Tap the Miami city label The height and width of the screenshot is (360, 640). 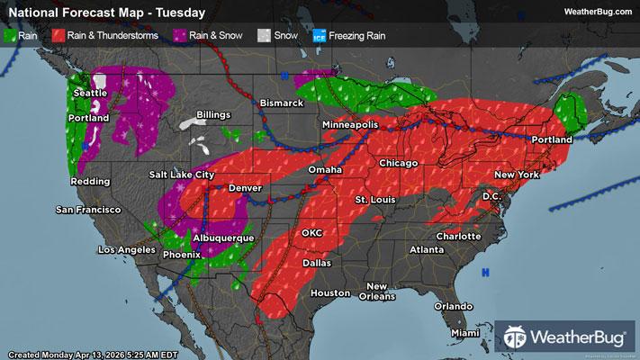tap(465, 333)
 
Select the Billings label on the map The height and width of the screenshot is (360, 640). tap(213, 116)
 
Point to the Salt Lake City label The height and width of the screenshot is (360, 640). tap(182, 174)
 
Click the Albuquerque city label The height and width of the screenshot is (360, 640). tap(222, 238)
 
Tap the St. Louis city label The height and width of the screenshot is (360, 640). tap(374, 198)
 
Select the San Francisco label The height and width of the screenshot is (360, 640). tap(88, 210)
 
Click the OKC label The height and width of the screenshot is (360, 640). tap(311, 232)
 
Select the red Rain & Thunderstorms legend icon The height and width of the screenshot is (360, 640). tap(59, 35)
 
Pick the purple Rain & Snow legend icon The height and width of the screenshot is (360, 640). tap(183, 35)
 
